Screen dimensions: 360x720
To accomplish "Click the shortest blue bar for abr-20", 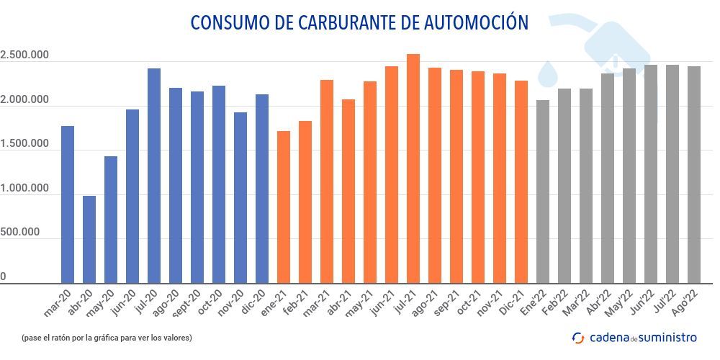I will tap(89, 239).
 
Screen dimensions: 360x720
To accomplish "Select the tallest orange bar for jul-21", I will tap(413, 168).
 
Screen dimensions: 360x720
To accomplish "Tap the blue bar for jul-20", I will tap(154, 176).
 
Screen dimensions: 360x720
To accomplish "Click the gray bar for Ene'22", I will tap(543, 192).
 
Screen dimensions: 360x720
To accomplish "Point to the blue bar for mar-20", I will tap(68, 204).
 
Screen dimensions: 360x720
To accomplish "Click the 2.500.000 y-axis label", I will tap(24, 55).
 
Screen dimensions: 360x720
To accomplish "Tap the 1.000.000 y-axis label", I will tap(24, 189).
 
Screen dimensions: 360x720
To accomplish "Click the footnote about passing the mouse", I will tap(107, 337).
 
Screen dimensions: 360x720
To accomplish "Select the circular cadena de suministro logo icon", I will tap(577, 337).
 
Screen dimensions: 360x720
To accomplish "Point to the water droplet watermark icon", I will tap(549, 73).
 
